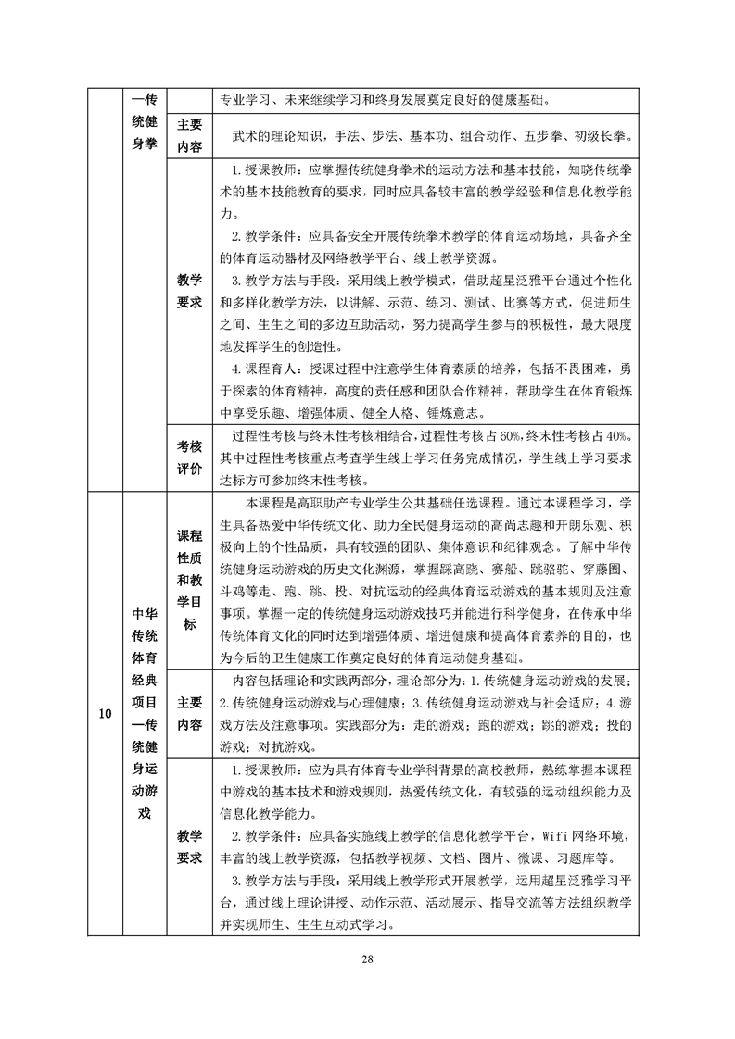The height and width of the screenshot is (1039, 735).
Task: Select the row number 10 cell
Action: point(106,714)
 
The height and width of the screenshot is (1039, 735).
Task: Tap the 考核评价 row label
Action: point(189,457)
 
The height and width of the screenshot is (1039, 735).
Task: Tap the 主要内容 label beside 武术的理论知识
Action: point(189,136)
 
